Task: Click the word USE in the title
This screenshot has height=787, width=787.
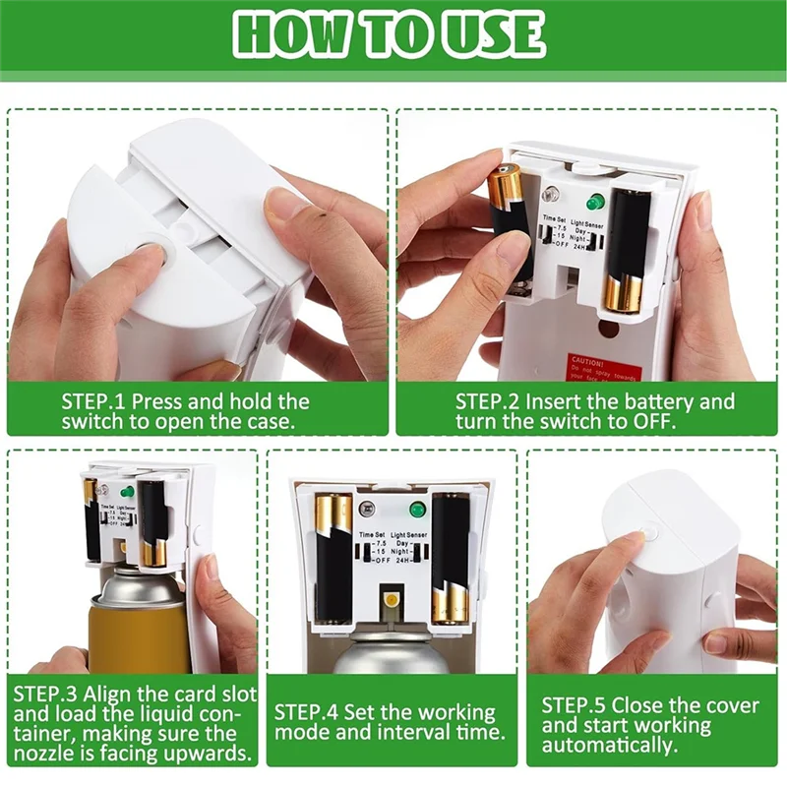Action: [488, 35]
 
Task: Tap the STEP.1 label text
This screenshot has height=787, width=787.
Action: [93, 401]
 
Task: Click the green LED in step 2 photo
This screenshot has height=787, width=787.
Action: [593, 202]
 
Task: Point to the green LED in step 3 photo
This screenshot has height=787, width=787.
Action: [127, 490]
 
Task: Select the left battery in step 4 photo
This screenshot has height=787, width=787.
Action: [333, 559]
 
